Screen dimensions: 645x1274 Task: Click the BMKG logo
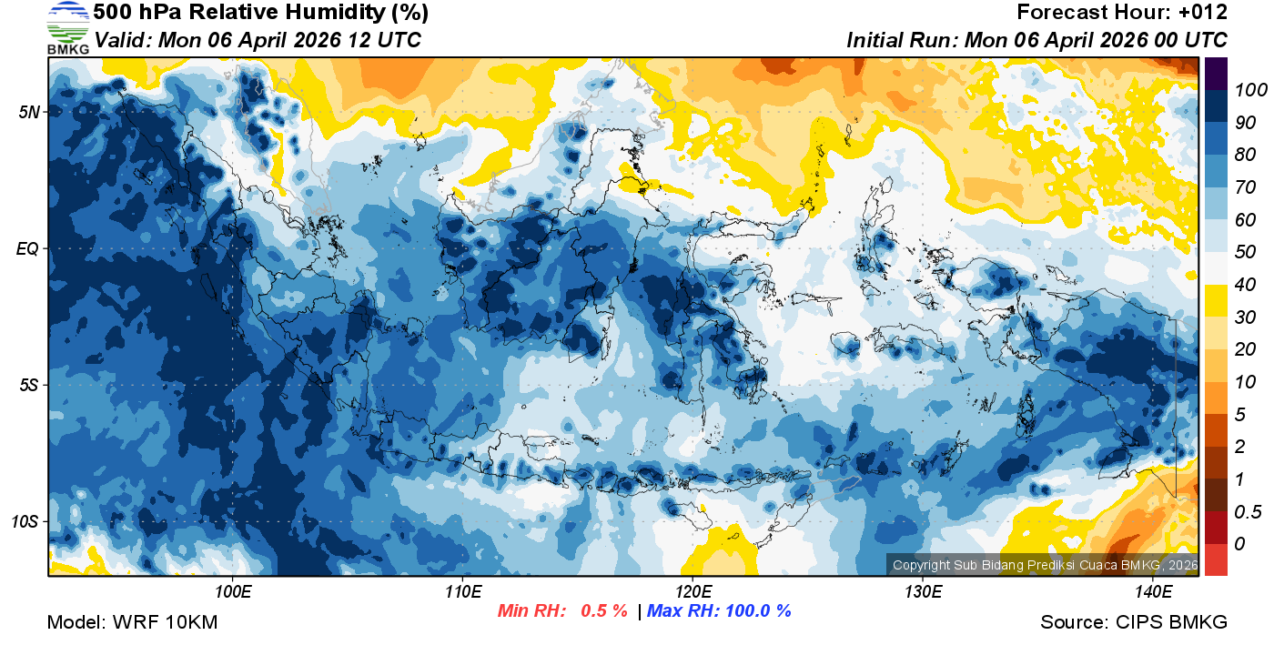tap(67, 28)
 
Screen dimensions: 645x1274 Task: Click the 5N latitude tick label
tap(27, 112)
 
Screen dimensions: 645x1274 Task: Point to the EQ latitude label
tap(27, 248)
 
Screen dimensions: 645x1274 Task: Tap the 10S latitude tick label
tap(25, 522)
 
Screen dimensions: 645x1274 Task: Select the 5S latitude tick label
tap(27, 386)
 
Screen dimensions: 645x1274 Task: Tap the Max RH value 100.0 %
tap(754, 611)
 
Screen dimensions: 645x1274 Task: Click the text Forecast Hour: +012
tap(1122, 13)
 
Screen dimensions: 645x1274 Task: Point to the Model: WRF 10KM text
tap(132, 622)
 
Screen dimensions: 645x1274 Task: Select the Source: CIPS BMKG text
tap(1134, 622)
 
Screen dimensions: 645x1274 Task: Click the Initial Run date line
tap(1036, 41)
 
